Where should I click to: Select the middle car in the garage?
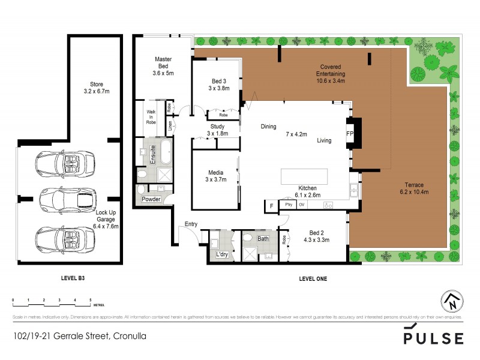click(61, 198)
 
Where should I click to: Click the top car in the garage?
click(61, 163)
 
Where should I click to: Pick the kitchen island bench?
click(305, 177)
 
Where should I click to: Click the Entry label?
click(191, 224)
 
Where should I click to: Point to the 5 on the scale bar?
click(90, 298)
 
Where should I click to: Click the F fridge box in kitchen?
click(271, 206)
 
